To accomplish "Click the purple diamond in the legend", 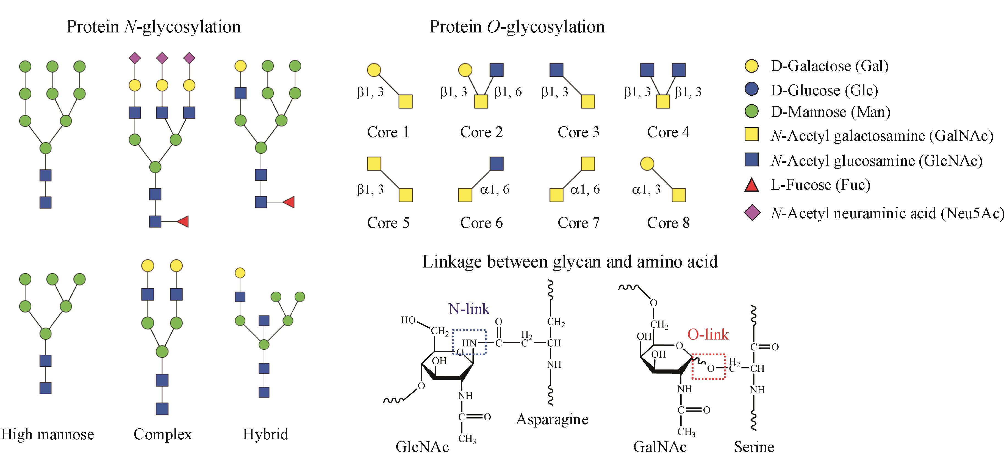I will click(x=752, y=213).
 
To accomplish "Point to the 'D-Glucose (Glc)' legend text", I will click(x=824, y=90).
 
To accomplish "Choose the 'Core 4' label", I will click(x=668, y=132).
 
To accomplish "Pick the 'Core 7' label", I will click(x=578, y=223).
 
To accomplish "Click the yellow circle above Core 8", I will click(x=647, y=164).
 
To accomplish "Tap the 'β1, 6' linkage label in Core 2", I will click(x=508, y=92).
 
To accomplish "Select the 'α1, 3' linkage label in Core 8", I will click(x=646, y=189).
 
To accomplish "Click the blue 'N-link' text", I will click(x=469, y=309).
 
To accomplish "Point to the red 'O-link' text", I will click(x=708, y=334).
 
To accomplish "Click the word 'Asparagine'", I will click(x=552, y=419).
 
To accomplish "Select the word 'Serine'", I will click(x=754, y=447).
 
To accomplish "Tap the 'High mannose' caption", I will click(x=48, y=434).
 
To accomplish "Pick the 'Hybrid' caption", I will click(x=265, y=434).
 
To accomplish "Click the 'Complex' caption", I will click(x=163, y=434).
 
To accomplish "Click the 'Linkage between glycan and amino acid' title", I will click(x=570, y=262).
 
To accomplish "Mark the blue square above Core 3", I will click(x=556, y=70).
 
